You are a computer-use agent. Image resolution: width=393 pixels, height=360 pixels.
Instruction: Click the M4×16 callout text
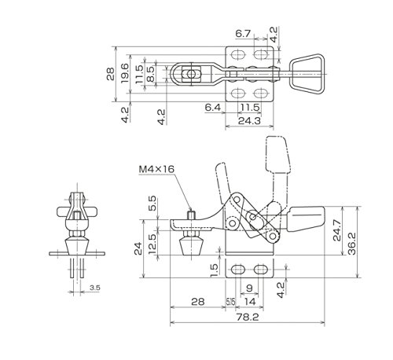156,169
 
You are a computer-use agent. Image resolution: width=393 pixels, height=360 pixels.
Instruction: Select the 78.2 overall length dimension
248,318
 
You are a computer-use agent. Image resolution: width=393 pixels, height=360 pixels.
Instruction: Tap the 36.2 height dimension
352,244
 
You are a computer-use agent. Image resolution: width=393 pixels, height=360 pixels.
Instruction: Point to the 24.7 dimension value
337,230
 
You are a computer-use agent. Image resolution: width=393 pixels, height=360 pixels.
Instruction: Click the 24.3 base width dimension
249,121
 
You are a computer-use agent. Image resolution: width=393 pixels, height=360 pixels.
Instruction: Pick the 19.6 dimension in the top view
125,73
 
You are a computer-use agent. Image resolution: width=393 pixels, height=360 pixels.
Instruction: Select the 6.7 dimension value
243,34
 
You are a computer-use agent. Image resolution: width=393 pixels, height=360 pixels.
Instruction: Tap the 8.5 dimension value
150,75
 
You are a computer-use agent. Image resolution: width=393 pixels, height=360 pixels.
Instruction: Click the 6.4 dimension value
213,108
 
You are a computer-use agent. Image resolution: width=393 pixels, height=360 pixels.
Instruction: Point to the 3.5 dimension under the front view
95,288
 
